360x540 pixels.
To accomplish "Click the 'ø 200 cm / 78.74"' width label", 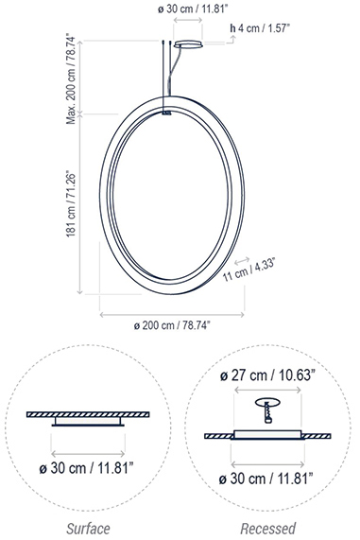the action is (172, 325).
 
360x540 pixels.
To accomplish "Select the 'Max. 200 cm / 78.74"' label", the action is (71, 78).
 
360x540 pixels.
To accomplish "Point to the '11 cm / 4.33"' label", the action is (249, 270).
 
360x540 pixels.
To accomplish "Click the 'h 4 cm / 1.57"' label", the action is (260, 27).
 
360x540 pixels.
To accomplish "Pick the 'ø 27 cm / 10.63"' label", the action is (267, 375).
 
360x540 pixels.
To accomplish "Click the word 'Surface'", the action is (88, 529).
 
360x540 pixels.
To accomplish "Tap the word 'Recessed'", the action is (267, 529).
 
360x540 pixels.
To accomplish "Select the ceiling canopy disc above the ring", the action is (188, 44).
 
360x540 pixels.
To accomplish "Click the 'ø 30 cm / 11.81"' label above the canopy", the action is (193, 9).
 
